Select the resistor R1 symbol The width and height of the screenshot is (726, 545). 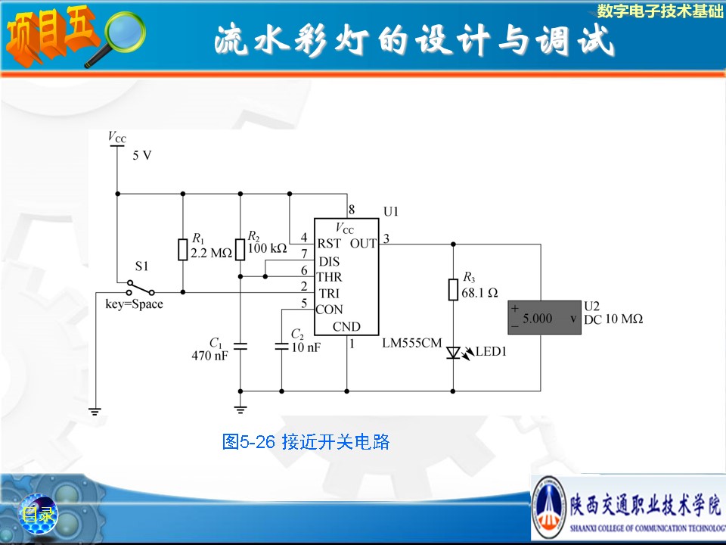[x=182, y=250]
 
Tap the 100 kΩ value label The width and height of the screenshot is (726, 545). [x=267, y=248]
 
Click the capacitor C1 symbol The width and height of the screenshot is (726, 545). [x=240, y=347]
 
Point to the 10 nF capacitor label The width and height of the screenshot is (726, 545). [x=306, y=347]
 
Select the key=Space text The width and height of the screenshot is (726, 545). [x=134, y=304]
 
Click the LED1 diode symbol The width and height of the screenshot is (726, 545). [x=454, y=353]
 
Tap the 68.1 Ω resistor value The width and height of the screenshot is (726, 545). [x=479, y=292]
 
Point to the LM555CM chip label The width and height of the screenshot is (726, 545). [x=411, y=343]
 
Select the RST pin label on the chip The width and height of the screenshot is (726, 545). [x=329, y=244]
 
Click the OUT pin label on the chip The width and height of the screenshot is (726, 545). [x=363, y=244]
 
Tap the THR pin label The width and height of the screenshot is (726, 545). [x=329, y=277]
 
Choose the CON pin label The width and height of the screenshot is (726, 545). [x=329, y=310]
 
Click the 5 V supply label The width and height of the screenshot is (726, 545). [x=142, y=155]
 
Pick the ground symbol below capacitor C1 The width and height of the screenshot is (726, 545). [x=240, y=410]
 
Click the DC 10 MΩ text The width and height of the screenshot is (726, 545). [x=613, y=319]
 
